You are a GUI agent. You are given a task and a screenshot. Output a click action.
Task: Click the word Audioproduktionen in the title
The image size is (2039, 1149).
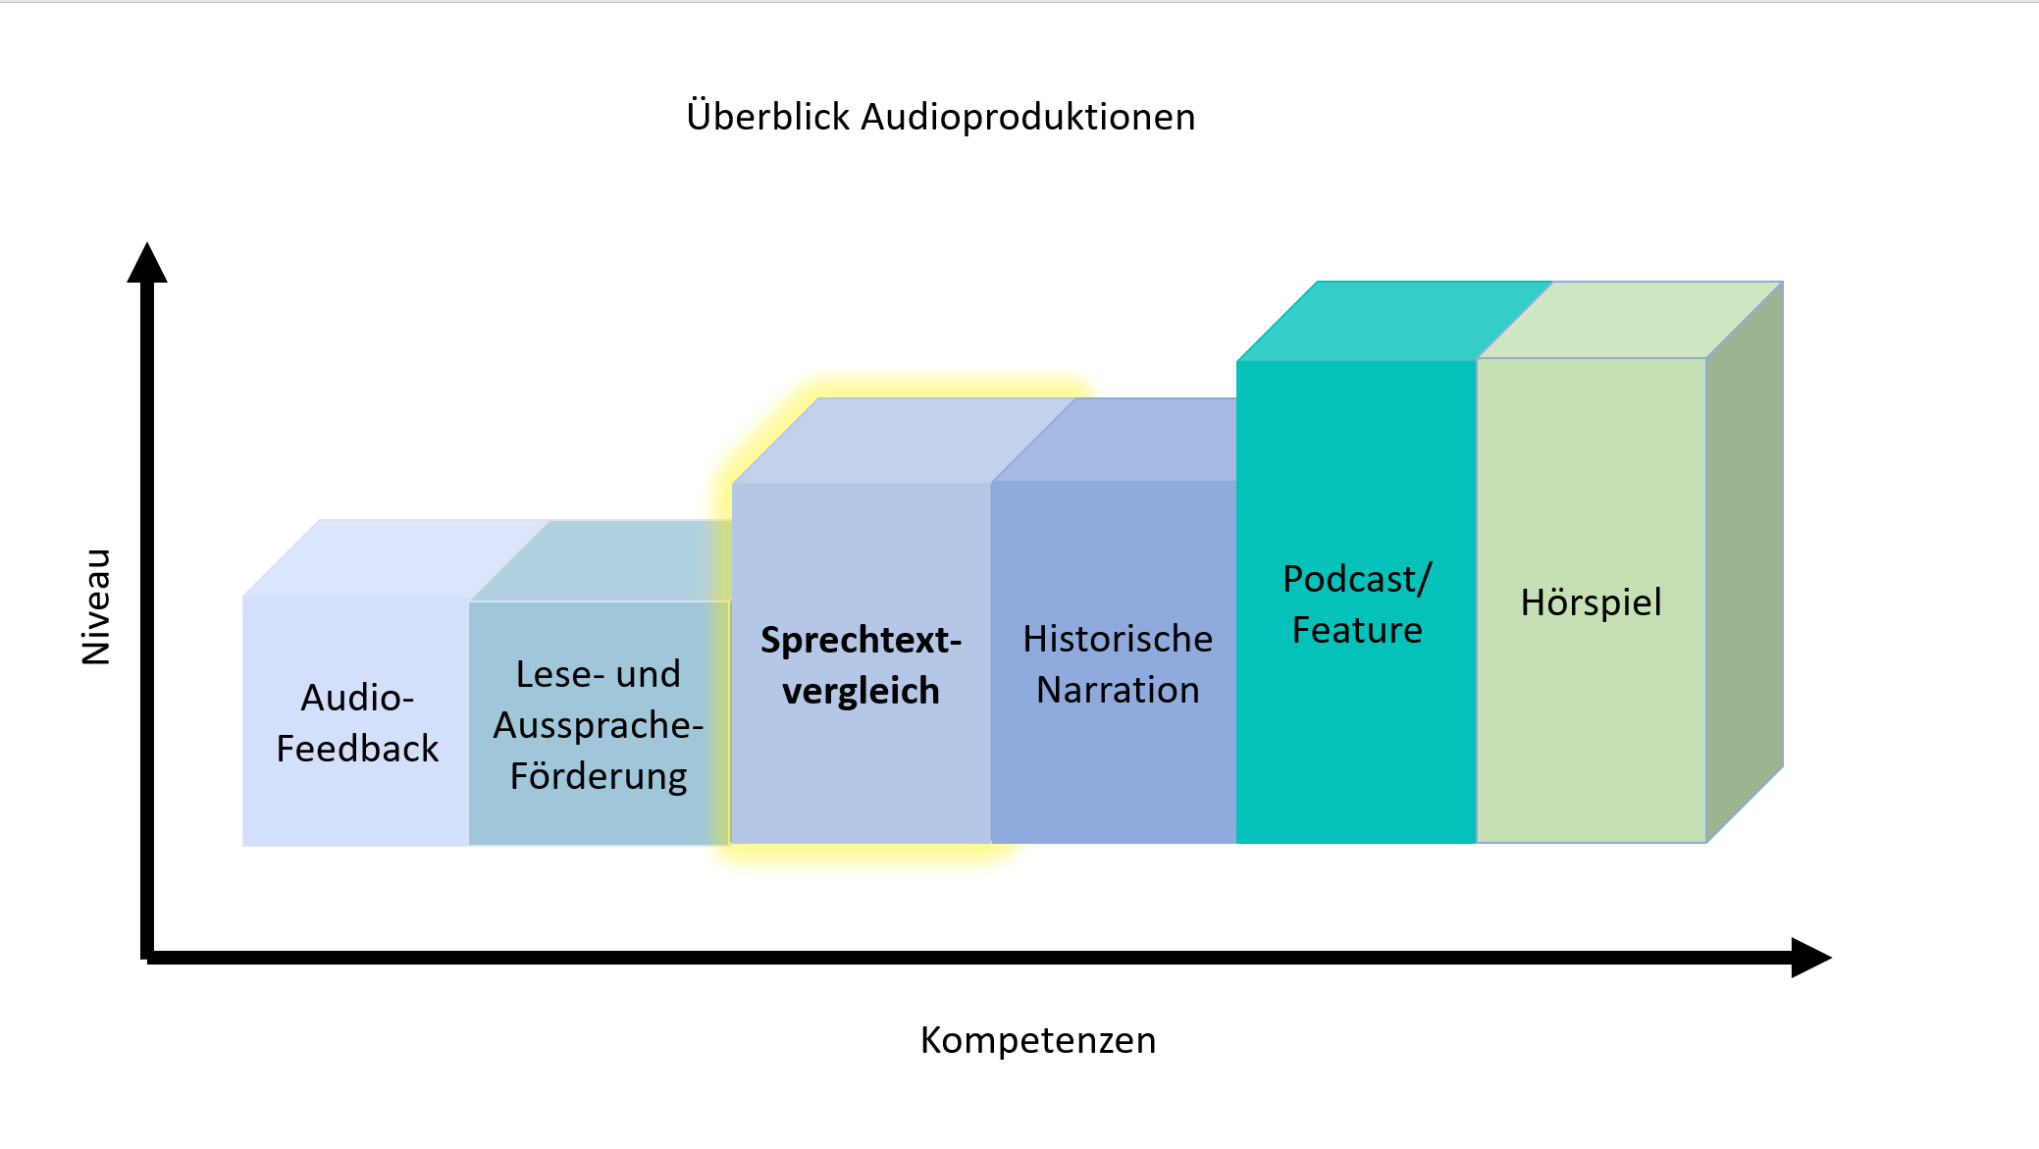click(x=1028, y=117)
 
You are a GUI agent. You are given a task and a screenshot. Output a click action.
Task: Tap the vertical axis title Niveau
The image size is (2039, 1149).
click(x=96, y=606)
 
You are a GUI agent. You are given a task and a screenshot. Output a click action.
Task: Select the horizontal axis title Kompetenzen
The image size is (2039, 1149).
click(x=1038, y=1040)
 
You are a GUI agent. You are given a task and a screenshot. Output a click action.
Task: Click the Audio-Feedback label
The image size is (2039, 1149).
click(x=357, y=723)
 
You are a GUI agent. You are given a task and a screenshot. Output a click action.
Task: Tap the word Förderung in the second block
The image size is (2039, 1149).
click(x=599, y=776)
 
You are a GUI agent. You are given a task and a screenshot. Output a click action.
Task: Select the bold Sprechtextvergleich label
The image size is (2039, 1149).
click(x=861, y=665)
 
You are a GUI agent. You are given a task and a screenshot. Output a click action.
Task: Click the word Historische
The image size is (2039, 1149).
click(x=1118, y=639)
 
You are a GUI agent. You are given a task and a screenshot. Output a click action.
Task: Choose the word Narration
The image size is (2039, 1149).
click(x=1118, y=690)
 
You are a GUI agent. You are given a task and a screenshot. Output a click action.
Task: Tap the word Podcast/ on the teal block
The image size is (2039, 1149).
click(x=1357, y=579)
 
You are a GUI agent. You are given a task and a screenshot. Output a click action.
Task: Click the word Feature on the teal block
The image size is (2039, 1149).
click(x=1357, y=630)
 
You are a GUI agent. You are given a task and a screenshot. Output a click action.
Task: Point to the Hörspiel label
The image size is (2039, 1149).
click(x=1592, y=601)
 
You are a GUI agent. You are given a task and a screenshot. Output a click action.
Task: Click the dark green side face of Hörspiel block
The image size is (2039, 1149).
click(x=1745, y=561)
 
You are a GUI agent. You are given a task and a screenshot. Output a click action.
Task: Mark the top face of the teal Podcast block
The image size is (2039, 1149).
click(x=1394, y=321)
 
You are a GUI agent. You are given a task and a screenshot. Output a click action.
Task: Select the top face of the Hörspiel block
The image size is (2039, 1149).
click(x=1630, y=320)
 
